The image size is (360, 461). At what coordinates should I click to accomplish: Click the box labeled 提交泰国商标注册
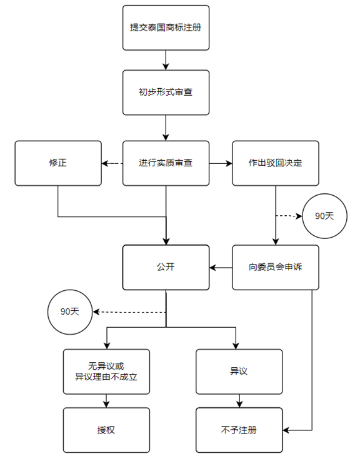tap(166, 28)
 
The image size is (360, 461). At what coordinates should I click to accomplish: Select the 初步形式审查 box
tap(166, 93)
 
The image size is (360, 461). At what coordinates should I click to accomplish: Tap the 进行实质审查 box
tap(166, 163)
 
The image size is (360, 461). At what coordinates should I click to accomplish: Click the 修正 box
tap(58, 163)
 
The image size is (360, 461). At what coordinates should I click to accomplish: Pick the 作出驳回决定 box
tap(276, 163)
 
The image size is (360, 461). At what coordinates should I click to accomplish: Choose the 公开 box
tap(166, 267)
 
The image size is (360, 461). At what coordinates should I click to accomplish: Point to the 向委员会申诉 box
tap(276, 267)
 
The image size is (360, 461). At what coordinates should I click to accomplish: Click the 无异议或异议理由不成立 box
tap(106, 372)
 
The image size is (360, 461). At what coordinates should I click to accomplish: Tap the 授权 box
tap(106, 430)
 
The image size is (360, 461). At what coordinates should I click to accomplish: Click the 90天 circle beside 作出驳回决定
tap(324, 216)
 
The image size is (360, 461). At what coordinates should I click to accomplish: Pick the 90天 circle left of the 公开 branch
tap(69, 311)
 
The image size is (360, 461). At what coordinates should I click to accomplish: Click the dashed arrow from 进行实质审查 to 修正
tap(112, 163)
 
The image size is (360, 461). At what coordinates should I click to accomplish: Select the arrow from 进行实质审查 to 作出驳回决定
tap(220, 163)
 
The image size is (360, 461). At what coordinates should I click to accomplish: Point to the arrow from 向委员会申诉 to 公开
tap(221, 268)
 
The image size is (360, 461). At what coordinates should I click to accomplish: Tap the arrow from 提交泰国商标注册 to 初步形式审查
tap(166, 60)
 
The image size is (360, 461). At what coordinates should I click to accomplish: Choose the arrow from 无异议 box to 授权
tap(106, 400)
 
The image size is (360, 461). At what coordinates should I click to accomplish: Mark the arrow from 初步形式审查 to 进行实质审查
tap(166, 128)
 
